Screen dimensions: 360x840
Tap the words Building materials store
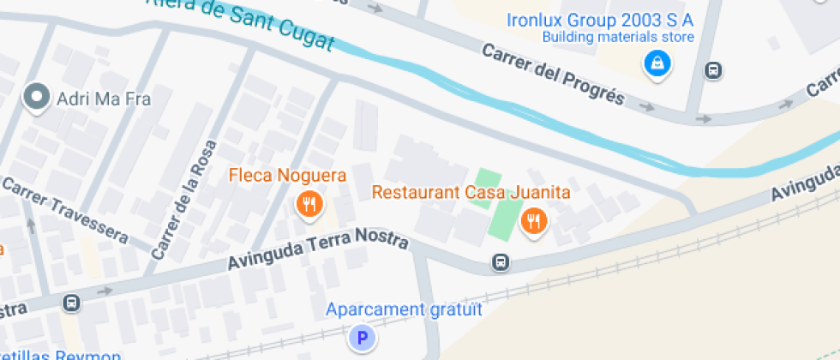(x=617, y=37)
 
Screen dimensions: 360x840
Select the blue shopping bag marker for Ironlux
(x=657, y=63)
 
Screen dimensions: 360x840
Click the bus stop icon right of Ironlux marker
(x=712, y=70)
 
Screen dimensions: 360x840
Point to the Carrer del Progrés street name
(x=553, y=74)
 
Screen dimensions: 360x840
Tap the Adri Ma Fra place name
(x=103, y=99)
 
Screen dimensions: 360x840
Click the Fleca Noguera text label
(x=287, y=176)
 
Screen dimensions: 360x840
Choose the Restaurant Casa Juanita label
(x=471, y=192)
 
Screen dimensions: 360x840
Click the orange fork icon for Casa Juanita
(x=534, y=222)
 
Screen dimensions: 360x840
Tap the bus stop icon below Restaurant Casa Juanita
(x=501, y=262)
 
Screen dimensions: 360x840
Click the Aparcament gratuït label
(x=405, y=309)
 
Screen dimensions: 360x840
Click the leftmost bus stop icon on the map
(x=71, y=303)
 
